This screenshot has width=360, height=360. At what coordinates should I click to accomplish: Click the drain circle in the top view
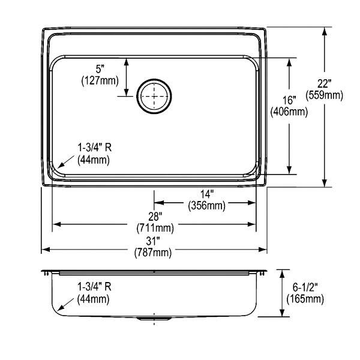tap(154, 79)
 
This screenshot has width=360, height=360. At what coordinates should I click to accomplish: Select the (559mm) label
tap(324, 95)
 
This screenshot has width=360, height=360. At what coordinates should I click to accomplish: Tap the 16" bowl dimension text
tap(289, 100)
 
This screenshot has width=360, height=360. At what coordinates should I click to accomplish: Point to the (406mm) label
tap(289, 112)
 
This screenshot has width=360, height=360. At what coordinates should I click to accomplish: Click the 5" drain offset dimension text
tap(100, 69)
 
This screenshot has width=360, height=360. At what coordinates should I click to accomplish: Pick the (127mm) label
tap(100, 80)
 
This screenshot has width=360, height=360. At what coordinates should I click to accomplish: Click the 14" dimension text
tap(207, 194)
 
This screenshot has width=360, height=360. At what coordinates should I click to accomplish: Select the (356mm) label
tap(206, 205)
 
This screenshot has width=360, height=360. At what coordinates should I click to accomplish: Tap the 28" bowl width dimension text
tap(155, 216)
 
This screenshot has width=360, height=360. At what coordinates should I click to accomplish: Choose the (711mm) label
tap(155, 228)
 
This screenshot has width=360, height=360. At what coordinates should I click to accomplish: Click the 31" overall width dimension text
tap(153, 241)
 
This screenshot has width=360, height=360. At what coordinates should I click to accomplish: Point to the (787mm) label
tap(153, 253)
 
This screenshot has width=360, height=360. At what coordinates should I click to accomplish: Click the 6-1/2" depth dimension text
tap(305, 287)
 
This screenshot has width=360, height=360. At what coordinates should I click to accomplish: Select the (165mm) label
tap(305, 299)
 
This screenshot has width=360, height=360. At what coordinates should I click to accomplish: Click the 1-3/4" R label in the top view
tap(95, 148)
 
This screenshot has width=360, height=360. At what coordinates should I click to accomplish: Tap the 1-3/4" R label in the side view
tap(94, 287)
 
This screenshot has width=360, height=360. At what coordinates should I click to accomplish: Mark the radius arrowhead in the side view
tap(61, 308)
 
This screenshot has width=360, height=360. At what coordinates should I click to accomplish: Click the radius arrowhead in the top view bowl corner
tap(61, 165)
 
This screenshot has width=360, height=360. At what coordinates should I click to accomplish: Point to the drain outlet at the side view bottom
tap(154, 319)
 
